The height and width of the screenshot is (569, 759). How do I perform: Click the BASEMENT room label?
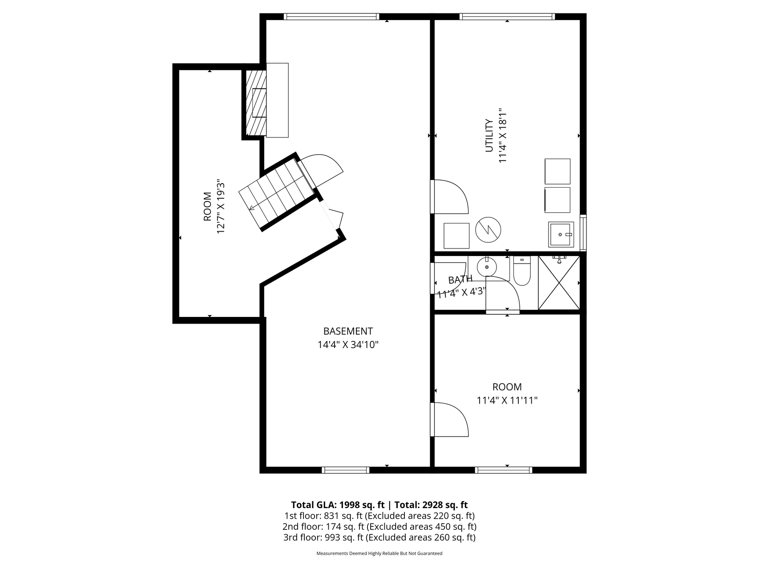point(348,331)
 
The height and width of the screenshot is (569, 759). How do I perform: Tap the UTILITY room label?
point(489,136)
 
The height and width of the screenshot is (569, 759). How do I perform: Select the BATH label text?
point(460,280)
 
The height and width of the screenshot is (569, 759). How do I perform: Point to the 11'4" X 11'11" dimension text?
point(507,401)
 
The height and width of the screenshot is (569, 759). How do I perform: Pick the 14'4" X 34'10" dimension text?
point(348,345)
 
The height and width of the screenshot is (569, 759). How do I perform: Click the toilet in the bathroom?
point(522,271)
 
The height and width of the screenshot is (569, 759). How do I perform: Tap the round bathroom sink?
point(487,267)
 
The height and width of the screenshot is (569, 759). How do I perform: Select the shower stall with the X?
point(559,282)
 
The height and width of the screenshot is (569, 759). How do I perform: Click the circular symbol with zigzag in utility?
point(488,229)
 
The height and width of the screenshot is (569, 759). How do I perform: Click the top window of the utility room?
point(507,17)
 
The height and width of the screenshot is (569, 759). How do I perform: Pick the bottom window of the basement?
point(346,470)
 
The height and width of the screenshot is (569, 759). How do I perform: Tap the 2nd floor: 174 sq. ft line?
point(379,527)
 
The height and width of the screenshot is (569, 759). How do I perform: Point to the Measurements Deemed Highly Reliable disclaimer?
point(379,553)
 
